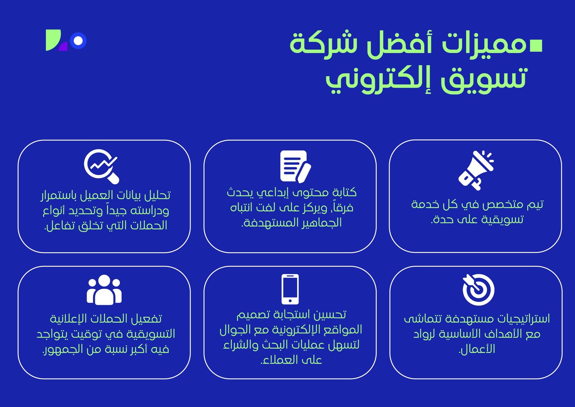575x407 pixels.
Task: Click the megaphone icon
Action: coord(476,170)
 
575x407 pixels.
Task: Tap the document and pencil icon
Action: coord(295,166)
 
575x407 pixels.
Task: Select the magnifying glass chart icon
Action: coord(101,167)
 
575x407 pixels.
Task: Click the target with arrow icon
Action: coord(478,289)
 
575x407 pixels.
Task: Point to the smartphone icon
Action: coord(290,289)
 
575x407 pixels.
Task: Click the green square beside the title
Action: coord(536,46)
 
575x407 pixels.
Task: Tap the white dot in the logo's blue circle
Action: coord(78,41)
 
